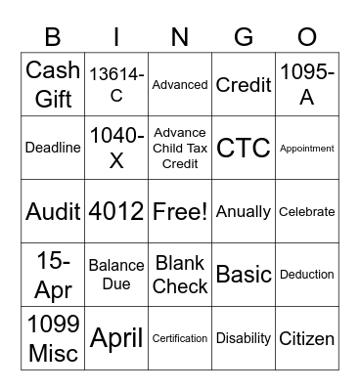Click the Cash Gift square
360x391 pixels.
click(x=53, y=84)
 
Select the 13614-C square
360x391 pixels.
click(x=116, y=84)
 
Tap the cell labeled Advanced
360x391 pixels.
click(x=180, y=84)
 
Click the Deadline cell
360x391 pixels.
click(x=53, y=148)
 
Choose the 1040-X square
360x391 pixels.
click(x=116, y=148)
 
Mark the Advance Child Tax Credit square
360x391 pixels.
click(x=180, y=148)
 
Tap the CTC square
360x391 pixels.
click(x=244, y=148)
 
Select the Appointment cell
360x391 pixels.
click(x=306, y=148)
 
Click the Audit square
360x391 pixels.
click(x=53, y=211)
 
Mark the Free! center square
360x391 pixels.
click(x=180, y=211)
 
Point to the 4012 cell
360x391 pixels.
click(x=116, y=211)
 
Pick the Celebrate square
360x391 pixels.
click(x=306, y=211)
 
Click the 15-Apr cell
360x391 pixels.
click(x=53, y=275)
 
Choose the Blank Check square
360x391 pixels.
click(x=180, y=275)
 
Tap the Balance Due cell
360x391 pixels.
click(x=116, y=275)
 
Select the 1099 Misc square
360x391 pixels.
click(x=53, y=338)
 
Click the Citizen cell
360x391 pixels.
click(x=306, y=338)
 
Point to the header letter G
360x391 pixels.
click(x=244, y=36)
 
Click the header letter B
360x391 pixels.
click(x=53, y=36)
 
